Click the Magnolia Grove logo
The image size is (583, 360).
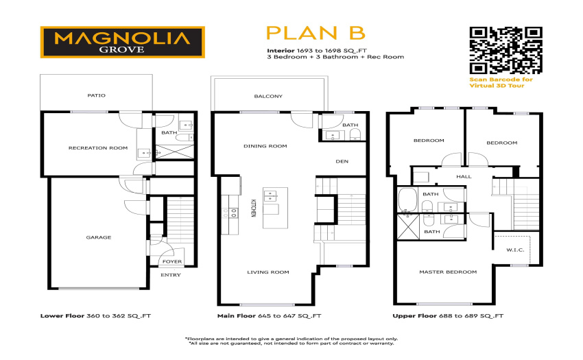coord(122,42)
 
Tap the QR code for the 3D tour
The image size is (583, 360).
coord(505,50)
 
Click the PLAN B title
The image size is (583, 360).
coord(316,33)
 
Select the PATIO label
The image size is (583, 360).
coord(96,95)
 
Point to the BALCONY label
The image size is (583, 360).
coord(268,96)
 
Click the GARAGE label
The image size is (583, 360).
coord(99,237)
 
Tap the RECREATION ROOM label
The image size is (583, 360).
coord(98,148)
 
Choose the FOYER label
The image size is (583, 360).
coord(172,261)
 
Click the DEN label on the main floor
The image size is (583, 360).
coord(342,161)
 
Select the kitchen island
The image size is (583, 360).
coord(275,208)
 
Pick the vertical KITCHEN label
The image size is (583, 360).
coord(253,208)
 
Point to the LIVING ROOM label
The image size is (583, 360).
coord(268,272)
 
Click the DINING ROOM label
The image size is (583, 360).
coord(265,146)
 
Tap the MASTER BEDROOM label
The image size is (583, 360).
coord(448,272)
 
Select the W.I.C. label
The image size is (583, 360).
coord(515,250)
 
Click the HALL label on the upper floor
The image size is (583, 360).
coord(464,177)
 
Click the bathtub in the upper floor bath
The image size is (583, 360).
coord(407,200)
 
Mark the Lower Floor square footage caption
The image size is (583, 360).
coord(95,316)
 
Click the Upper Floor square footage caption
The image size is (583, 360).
coord(448,316)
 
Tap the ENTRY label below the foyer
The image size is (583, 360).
coord(171,275)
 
